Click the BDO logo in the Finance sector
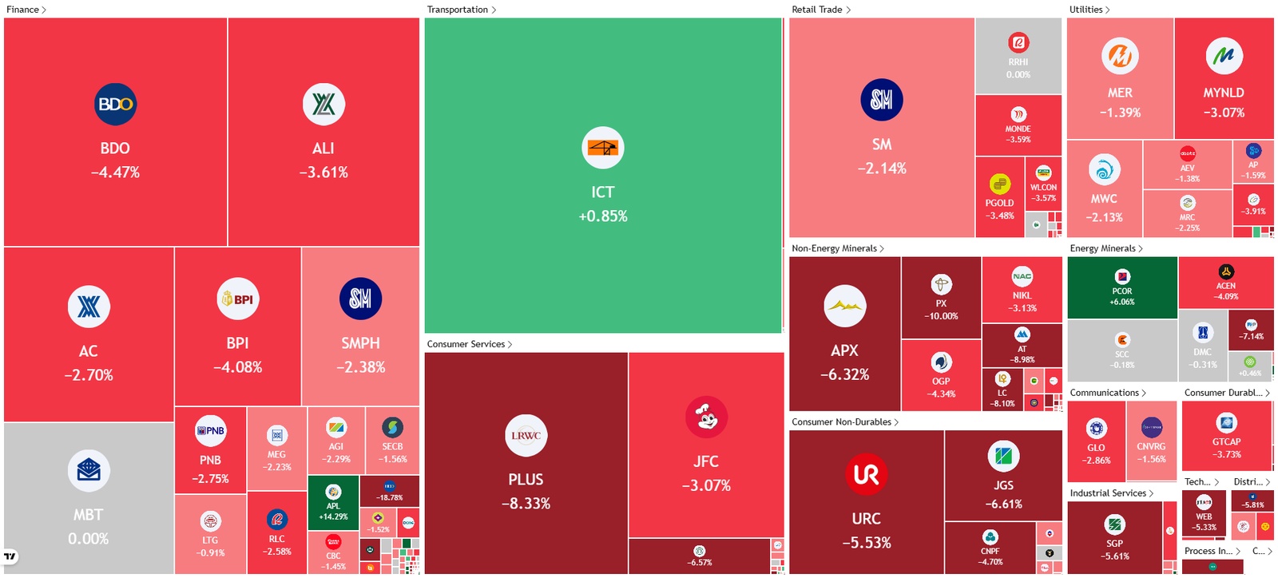point(115,105)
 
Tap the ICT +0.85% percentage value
point(603,216)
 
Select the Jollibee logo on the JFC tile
point(706,418)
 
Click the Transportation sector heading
point(458,10)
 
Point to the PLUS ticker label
point(526,480)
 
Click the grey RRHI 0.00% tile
point(1018,56)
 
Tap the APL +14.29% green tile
point(333,502)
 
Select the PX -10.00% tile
point(941,298)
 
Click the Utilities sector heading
point(1086,10)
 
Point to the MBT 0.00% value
point(89,539)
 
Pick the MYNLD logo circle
point(1224,56)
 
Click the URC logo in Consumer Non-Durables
point(866,474)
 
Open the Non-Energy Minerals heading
point(834,248)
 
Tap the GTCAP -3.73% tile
point(1226,436)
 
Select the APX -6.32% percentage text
point(844,374)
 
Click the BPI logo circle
point(237,299)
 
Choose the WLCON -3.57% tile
point(1043,184)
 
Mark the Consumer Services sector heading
point(466,344)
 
